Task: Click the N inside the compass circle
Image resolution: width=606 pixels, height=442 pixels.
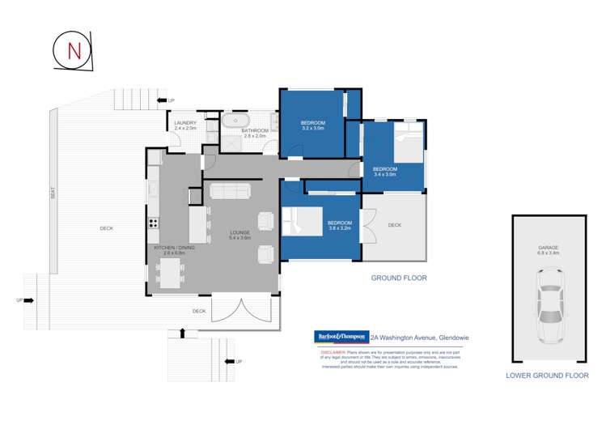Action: point(74,50)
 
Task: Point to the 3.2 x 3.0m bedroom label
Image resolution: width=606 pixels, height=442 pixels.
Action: point(312,125)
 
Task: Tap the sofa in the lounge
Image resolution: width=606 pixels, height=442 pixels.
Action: point(231,190)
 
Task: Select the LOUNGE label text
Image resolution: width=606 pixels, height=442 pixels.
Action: point(239,233)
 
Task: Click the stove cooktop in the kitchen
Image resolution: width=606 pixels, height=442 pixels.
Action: point(153,223)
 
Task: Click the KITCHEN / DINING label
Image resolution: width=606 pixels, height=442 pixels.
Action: point(170,249)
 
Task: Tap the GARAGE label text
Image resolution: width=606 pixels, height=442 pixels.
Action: point(549,248)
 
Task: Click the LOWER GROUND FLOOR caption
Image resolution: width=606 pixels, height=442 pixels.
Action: point(547,376)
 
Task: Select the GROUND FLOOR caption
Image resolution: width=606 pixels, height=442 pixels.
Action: point(398,278)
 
